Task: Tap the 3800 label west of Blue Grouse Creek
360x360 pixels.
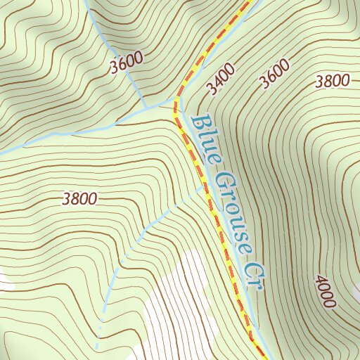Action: coord(79,199)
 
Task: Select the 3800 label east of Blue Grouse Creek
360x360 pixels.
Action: coord(333,81)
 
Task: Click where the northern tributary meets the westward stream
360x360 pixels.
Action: coord(146,108)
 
